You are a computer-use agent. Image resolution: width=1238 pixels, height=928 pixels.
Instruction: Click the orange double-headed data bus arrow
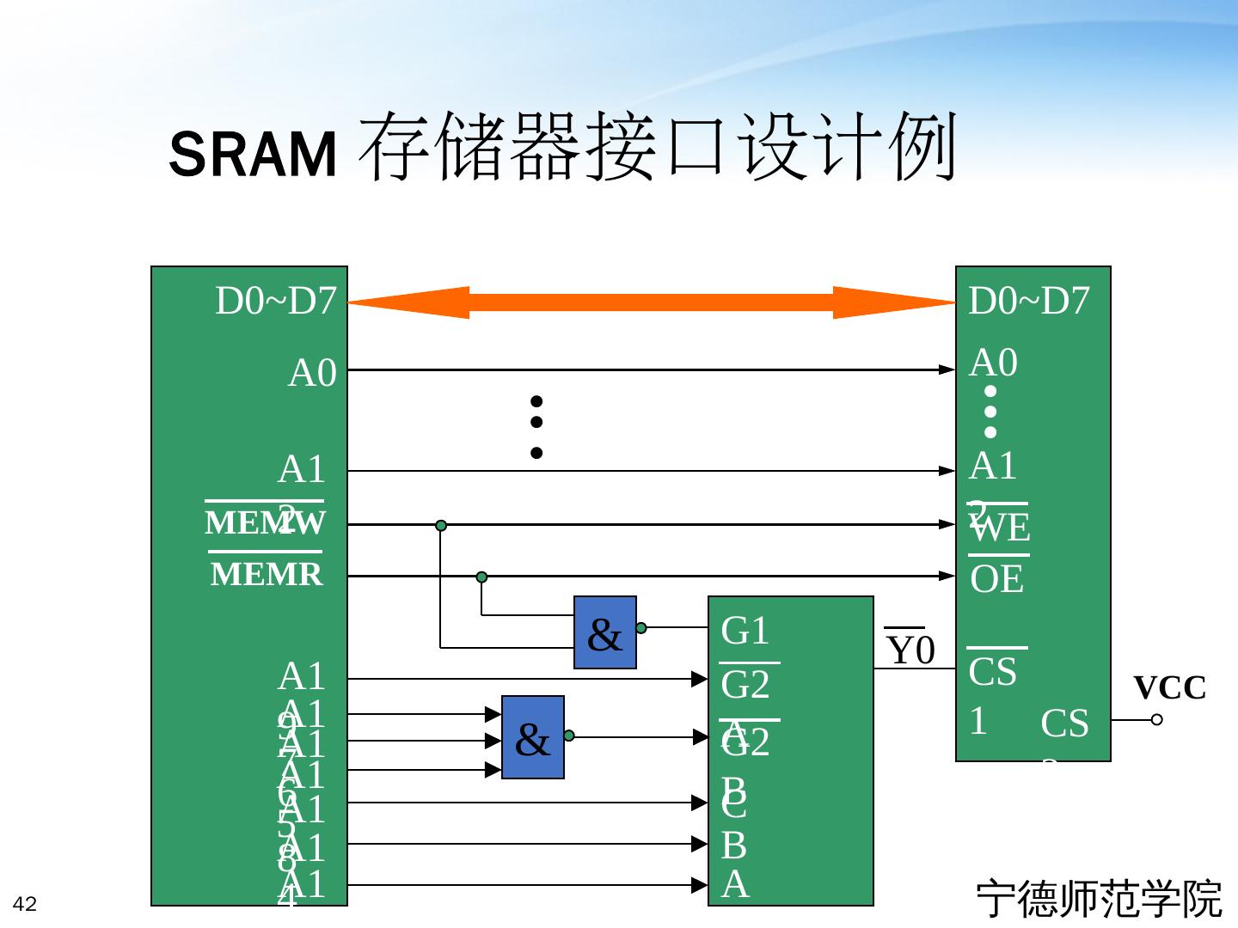652,302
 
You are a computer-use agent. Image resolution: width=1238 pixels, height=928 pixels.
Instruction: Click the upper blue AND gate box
605,632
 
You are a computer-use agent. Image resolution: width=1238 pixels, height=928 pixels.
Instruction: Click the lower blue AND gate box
533,737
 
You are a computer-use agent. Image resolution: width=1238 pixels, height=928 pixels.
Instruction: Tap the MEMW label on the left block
264,522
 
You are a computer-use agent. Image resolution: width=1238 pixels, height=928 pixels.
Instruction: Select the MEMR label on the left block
267,574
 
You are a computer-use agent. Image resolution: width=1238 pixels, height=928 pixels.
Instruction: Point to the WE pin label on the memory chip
1000,528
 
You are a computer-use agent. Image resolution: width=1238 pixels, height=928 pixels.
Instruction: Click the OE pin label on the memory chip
997,580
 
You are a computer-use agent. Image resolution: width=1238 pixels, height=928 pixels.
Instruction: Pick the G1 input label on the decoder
745,631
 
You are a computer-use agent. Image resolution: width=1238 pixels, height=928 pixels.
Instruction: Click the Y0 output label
910,650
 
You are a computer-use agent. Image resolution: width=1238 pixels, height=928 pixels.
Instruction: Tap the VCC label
1169,688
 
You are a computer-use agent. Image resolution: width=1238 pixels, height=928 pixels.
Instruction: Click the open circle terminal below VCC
1157,719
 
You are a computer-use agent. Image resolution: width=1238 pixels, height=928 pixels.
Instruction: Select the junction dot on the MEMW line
441,525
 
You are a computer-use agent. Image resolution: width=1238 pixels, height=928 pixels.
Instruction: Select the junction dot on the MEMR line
481,577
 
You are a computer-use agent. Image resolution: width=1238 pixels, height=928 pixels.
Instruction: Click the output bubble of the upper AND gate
641,628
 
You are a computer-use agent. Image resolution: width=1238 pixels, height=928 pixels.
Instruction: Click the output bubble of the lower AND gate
569,736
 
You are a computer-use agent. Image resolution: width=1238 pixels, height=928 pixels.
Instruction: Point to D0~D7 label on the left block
275,301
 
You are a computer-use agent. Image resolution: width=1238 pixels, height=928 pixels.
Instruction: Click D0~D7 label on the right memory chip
1029,301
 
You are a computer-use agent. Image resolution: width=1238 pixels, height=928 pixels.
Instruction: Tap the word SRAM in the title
253,155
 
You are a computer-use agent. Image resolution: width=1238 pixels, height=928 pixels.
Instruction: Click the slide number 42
25,904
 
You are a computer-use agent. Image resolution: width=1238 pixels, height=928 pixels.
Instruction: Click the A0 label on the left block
312,374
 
